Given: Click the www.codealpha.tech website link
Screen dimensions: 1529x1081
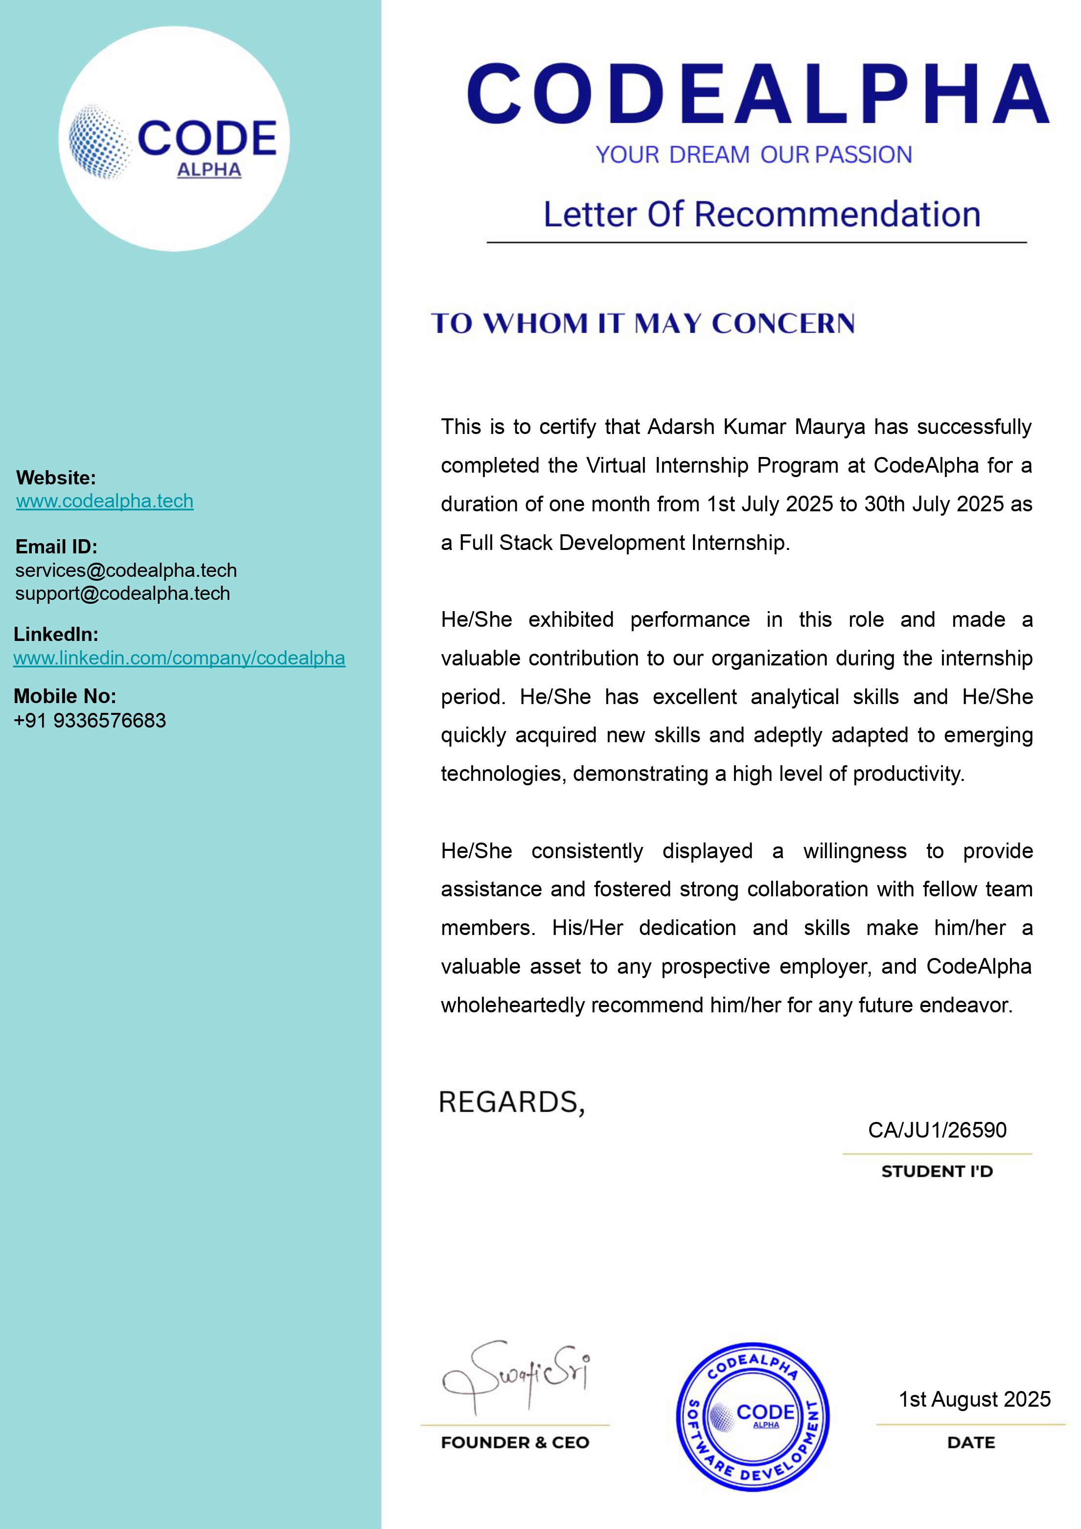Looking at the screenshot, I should pyautogui.click(x=105, y=501).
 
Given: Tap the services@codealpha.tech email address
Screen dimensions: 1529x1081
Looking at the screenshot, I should pyautogui.click(x=126, y=570).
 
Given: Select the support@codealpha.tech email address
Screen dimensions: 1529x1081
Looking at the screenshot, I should pyautogui.click(x=122, y=593).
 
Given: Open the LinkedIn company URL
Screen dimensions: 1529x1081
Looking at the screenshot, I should pyautogui.click(x=179, y=658).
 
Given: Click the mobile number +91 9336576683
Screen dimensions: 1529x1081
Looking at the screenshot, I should pyautogui.click(x=90, y=721).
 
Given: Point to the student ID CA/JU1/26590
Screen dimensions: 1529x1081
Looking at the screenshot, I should pyautogui.click(x=937, y=1130).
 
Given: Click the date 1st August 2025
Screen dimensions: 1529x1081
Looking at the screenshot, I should pyautogui.click(x=974, y=1399).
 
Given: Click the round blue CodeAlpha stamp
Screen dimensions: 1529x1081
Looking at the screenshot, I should pyautogui.click(x=753, y=1416).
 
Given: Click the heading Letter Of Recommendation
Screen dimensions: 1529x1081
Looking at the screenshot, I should pyautogui.click(x=761, y=214).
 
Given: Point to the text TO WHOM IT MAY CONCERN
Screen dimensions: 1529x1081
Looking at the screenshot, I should pyautogui.click(x=643, y=323).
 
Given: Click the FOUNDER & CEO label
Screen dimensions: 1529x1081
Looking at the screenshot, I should pyautogui.click(x=515, y=1442).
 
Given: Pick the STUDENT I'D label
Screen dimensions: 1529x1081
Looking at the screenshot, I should pyautogui.click(x=937, y=1171).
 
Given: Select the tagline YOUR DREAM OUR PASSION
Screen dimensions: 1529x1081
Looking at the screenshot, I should pyautogui.click(x=753, y=155).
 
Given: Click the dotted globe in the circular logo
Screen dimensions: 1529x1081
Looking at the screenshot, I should pyautogui.click(x=100, y=141).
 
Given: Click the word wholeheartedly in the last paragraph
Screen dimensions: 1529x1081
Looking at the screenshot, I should pyautogui.click(x=511, y=1005).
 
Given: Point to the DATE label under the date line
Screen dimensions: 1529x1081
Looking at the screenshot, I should pyautogui.click(x=971, y=1442).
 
